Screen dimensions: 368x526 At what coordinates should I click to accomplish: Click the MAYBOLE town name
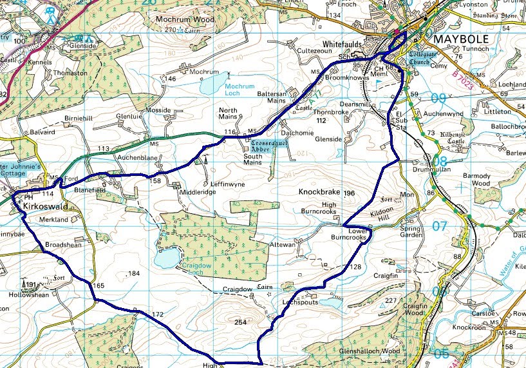click(x=462, y=39)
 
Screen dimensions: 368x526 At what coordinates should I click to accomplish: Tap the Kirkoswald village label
click(x=46, y=206)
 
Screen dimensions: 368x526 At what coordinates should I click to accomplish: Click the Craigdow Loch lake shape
click(x=166, y=258)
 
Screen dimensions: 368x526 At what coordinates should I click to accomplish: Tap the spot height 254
click(x=241, y=322)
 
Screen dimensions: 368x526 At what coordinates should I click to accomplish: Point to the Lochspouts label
click(x=300, y=301)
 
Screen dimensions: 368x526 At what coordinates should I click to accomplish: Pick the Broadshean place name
click(x=63, y=246)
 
